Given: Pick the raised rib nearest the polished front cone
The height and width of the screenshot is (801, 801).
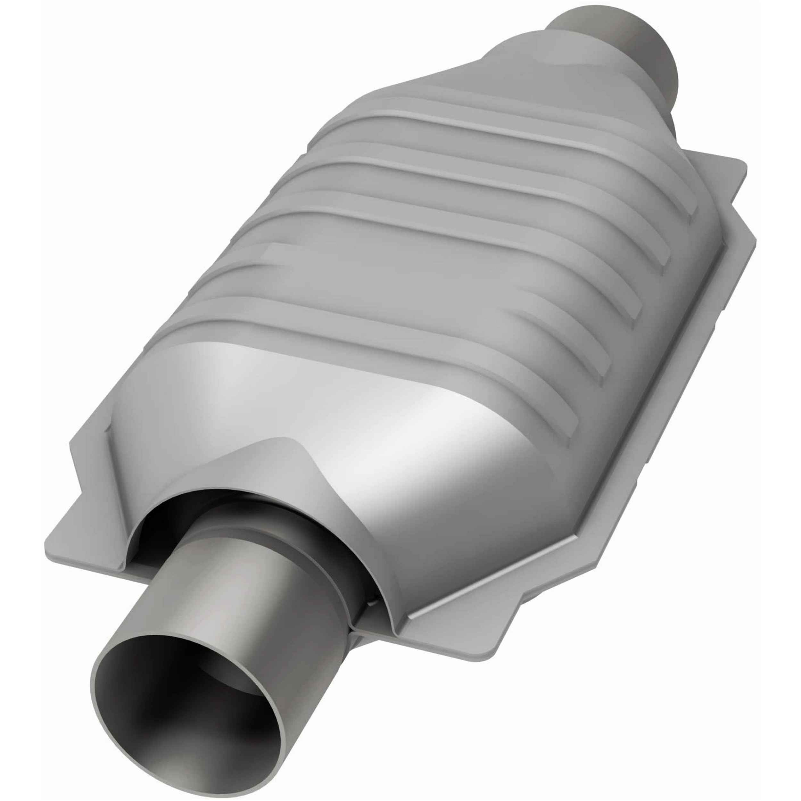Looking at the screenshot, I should (373, 327).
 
